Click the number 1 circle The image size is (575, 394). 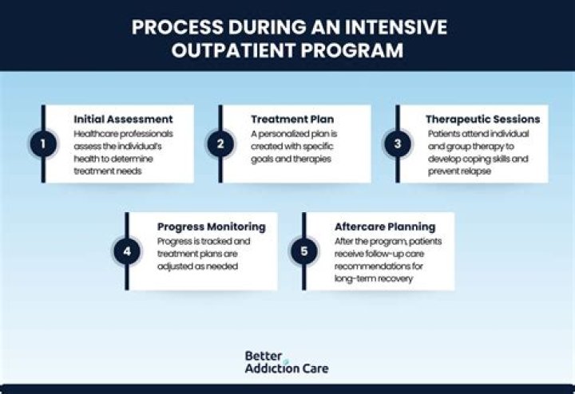42,144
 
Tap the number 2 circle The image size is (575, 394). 220,144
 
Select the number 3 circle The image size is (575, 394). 397,144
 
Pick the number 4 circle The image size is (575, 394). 126,252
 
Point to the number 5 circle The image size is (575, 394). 303,252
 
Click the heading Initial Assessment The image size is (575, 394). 123,119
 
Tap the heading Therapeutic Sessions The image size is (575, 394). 482,119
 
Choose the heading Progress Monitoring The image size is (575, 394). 211,227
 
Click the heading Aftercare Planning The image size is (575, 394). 385,227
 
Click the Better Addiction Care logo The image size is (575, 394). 286,361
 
